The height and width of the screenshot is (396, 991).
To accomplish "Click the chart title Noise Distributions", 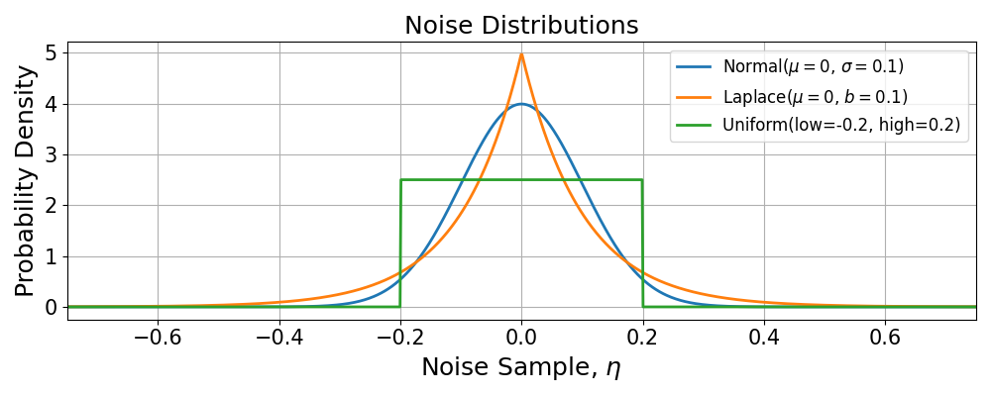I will pyautogui.click(x=521, y=25).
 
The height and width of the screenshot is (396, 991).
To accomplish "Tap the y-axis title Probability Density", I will pyautogui.click(x=26, y=180).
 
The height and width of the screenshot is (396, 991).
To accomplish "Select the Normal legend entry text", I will pyautogui.click(x=813, y=67).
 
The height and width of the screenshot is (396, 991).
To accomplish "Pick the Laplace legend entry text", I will pyautogui.click(x=815, y=97).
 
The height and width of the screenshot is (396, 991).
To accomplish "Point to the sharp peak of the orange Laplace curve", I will pyautogui.click(x=521, y=53).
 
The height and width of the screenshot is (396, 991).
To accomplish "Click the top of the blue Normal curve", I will pyautogui.click(x=521, y=104).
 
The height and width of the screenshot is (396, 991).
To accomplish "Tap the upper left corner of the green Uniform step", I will pyautogui.click(x=400, y=180).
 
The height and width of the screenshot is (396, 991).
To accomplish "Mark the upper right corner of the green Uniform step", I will pyautogui.click(x=642, y=180).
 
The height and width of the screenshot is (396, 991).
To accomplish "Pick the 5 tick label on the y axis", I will pyautogui.click(x=51, y=52).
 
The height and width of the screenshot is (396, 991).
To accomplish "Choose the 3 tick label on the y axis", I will pyautogui.click(x=51, y=154).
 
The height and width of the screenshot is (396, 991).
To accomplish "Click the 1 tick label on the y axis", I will pyautogui.click(x=51, y=256).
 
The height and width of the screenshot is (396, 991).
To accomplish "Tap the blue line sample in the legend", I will pyautogui.click(x=694, y=67).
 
